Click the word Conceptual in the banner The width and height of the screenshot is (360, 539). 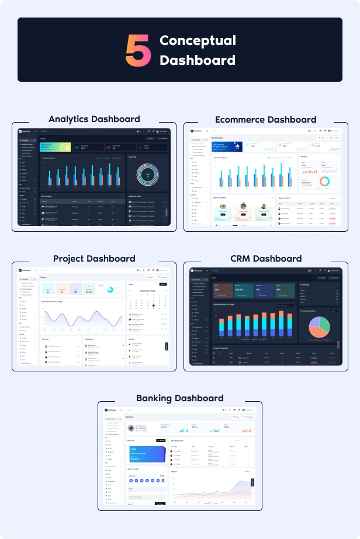[x=198, y=40]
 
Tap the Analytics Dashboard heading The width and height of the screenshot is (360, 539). [x=94, y=119]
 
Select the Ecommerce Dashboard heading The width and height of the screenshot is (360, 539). [x=265, y=119]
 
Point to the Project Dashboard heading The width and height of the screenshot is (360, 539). [x=94, y=258]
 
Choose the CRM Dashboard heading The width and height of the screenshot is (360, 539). [x=265, y=258]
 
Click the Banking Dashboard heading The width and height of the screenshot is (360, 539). [x=179, y=398]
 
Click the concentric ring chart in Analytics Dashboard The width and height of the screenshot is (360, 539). [x=148, y=175]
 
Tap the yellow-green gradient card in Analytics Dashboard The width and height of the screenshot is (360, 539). [x=55, y=147]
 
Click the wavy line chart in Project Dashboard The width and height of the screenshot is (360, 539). [x=82, y=317]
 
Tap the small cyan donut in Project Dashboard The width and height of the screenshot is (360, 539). [x=109, y=287]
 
